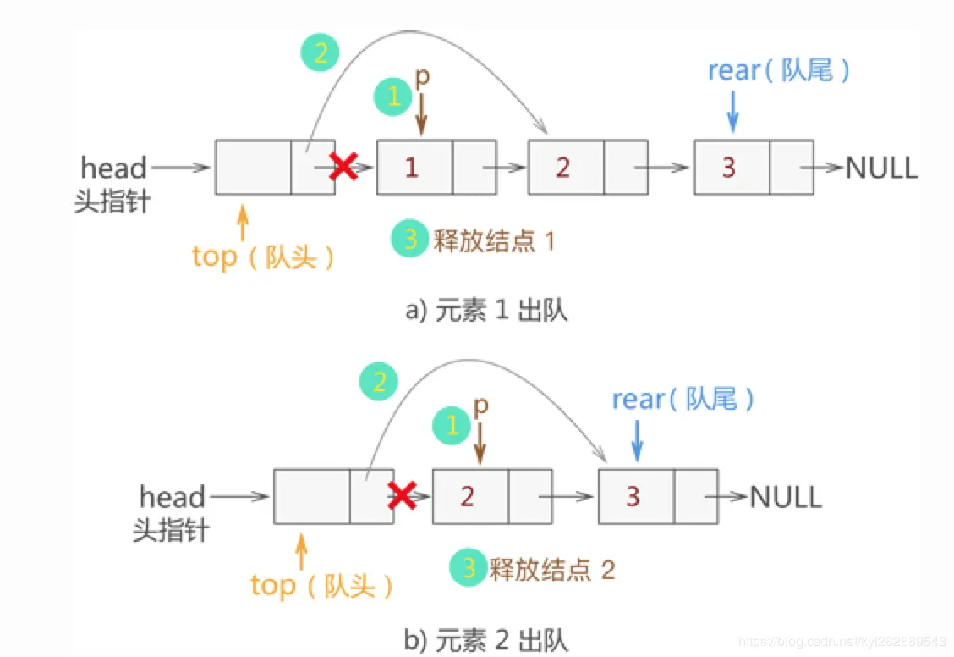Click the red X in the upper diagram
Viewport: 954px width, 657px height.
(343, 167)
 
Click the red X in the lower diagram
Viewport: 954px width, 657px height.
(402, 495)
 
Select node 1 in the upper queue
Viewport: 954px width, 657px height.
(412, 167)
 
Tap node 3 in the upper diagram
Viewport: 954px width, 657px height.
(730, 167)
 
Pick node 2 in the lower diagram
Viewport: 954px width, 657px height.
(468, 495)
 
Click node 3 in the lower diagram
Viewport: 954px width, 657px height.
(633, 495)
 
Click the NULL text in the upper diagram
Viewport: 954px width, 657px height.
(880, 168)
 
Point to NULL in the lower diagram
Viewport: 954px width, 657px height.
(786, 496)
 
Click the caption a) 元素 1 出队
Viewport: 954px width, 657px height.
(486, 311)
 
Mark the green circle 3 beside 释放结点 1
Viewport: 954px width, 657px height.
(410, 240)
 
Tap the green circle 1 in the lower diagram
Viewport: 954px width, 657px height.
(452, 426)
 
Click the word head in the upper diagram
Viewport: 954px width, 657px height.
(113, 167)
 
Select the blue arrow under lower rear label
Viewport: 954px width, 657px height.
(638, 439)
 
